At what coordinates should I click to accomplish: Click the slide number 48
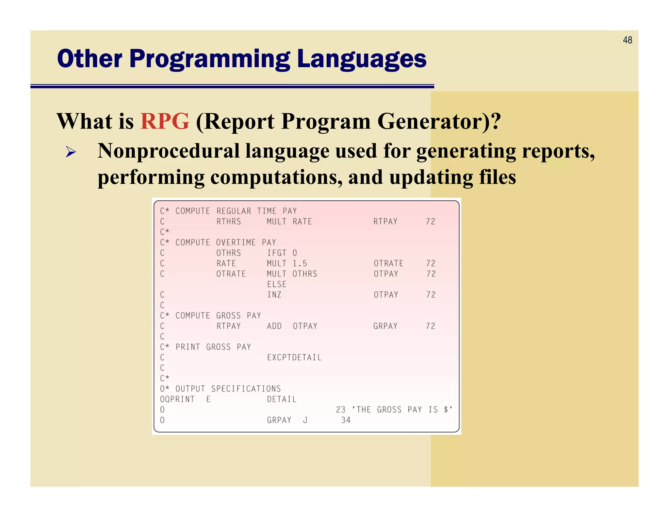pyautogui.click(x=627, y=40)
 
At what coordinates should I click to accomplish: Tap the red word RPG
pyautogui.click(x=165, y=121)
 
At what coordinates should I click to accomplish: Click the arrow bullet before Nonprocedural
pyautogui.click(x=71, y=152)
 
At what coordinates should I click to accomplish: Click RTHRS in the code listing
pyautogui.click(x=228, y=222)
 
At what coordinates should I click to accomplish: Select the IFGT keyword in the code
pyautogui.click(x=277, y=253)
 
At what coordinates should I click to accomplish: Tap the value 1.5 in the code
pyautogui.click(x=299, y=263)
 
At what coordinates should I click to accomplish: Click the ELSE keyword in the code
pyautogui.click(x=277, y=284)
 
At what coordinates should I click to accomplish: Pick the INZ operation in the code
pyautogui.click(x=274, y=295)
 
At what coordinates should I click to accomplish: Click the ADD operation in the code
pyautogui.click(x=274, y=326)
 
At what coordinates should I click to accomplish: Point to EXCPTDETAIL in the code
pyautogui.click(x=294, y=358)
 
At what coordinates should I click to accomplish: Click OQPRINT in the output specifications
pyautogui.click(x=177, y=399)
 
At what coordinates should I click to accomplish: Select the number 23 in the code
pyautogui.click(x=340, y=410)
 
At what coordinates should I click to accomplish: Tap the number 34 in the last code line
pyautogui.click(x=346, y=420)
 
